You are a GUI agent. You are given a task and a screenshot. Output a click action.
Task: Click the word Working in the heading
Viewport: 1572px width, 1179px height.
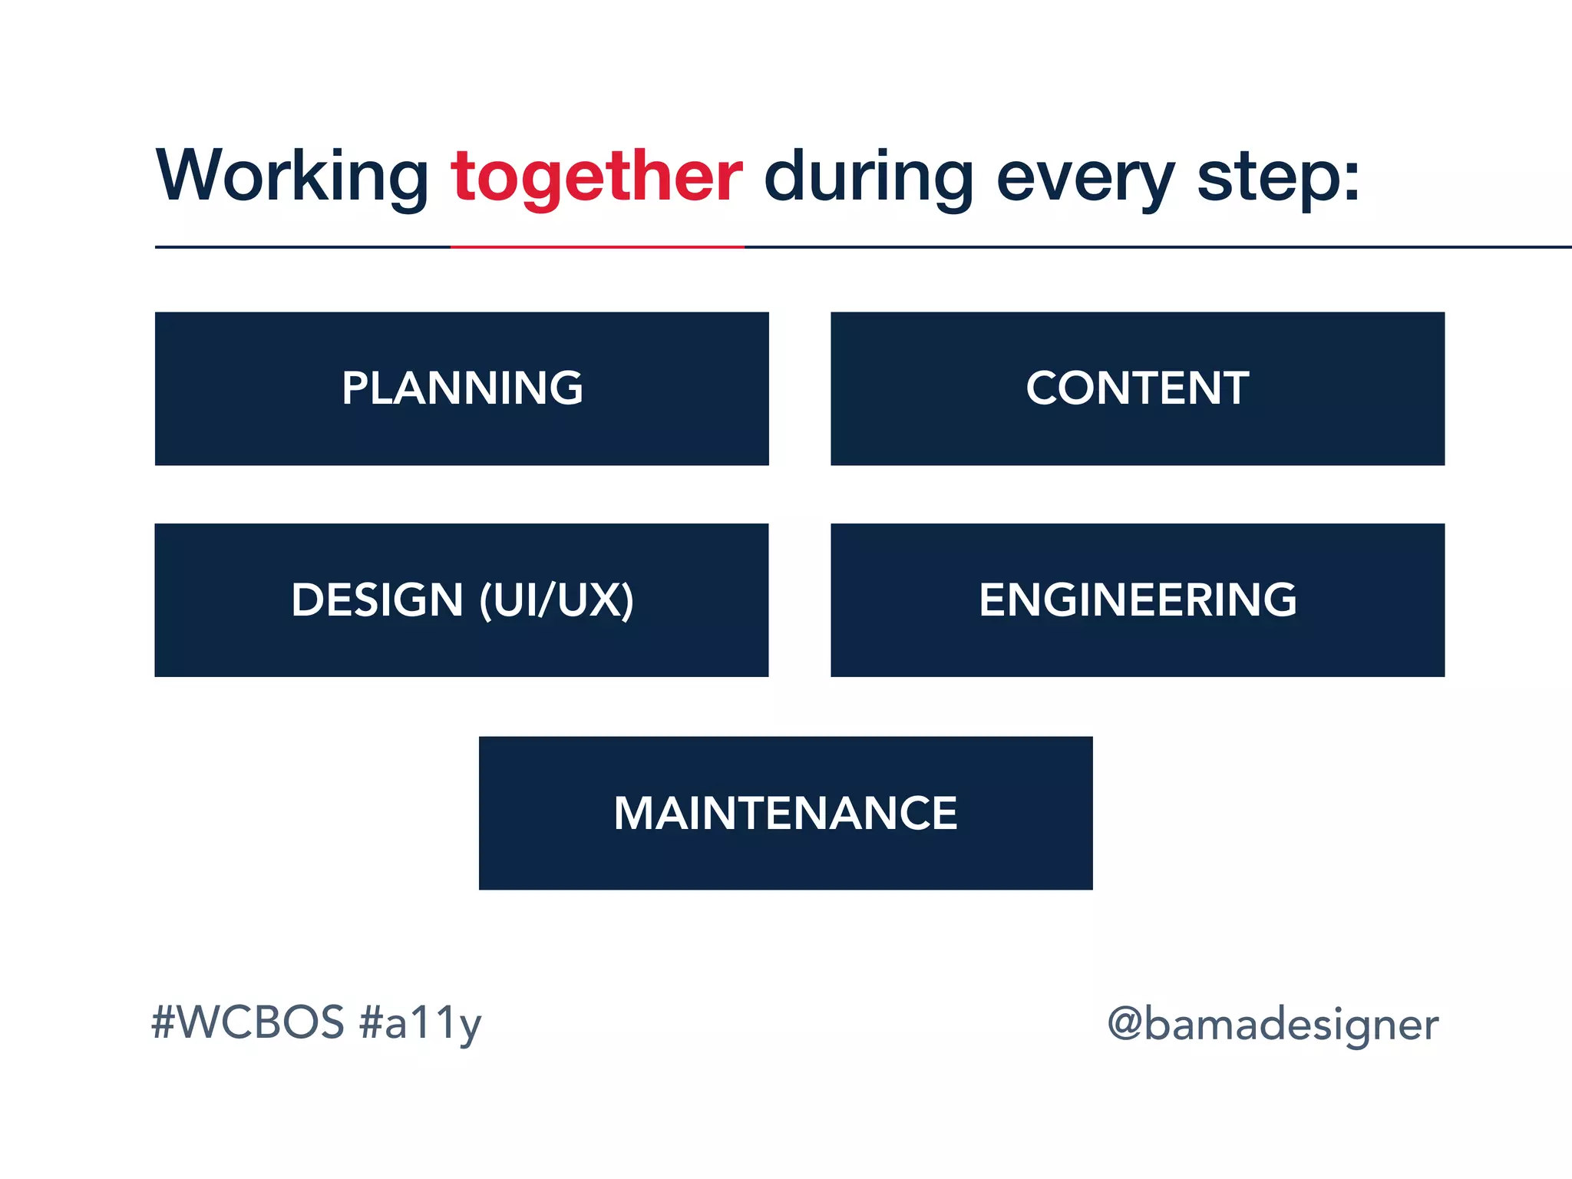(x=292, y=177)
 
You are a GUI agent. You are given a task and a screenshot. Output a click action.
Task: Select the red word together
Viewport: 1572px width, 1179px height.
(x=596, y=177)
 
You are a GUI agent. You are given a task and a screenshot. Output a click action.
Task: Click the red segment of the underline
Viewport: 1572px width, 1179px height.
(x=596, y=247)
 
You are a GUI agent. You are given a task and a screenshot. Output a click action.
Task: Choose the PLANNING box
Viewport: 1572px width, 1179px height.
(x=461, y=388)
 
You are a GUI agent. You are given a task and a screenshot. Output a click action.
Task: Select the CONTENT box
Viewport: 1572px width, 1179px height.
(x=1137, y=388)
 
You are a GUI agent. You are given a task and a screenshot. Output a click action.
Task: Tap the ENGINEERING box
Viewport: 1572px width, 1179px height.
(x=1137, y=600)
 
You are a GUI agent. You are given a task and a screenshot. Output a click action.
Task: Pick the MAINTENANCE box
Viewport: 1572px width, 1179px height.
(x=785, y=813)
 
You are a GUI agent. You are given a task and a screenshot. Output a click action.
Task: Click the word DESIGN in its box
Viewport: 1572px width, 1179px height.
(x=377, y=600)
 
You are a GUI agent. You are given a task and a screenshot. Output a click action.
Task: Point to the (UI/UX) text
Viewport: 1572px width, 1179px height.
(x=556, y=600)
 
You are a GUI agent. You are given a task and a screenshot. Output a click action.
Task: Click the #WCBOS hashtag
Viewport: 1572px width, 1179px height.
(x=248, y=1022)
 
